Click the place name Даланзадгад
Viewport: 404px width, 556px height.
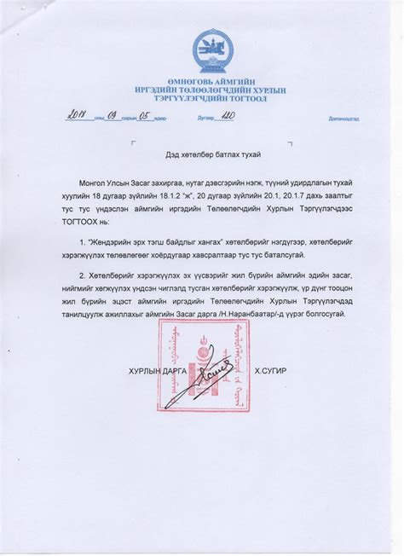coord(325,119)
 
